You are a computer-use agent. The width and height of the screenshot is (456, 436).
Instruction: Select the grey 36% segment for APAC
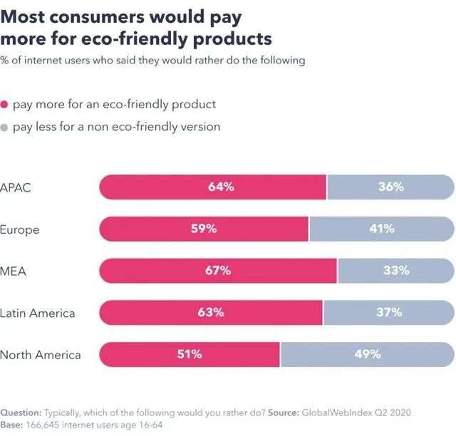click(390, 187)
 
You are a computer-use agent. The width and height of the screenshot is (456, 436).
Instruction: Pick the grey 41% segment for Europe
click(382, 229)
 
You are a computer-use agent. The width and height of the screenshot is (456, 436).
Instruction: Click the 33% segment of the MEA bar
click(396, 270)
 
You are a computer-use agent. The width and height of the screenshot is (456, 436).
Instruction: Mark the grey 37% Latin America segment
click(388, 312)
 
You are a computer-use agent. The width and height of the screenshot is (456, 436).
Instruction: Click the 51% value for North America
click(190, 353)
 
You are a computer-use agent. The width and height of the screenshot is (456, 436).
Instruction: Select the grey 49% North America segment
click(368, 353)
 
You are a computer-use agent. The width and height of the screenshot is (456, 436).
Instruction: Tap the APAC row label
click(16, 188)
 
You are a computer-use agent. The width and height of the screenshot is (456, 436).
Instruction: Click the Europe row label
click(20, 229)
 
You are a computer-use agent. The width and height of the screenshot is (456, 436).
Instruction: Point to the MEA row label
click(14, 271)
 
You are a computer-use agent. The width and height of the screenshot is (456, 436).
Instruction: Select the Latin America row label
click(38, 313)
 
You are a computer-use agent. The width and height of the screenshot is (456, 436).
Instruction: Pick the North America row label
click(41, 354)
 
